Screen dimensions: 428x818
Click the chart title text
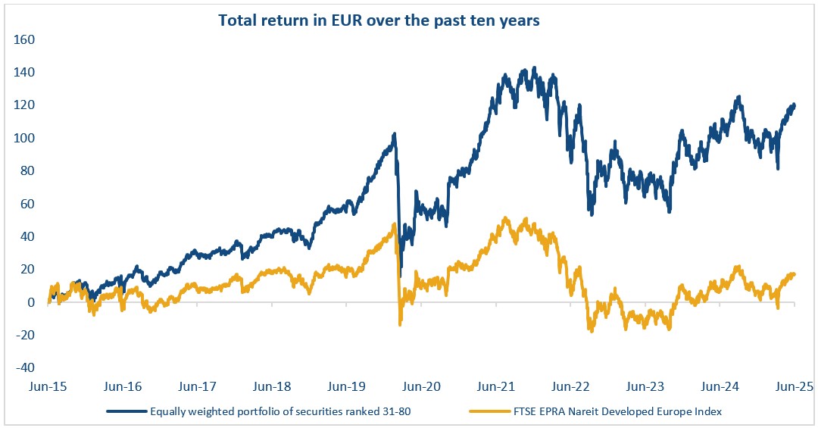[379, 20]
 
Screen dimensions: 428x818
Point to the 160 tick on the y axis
[25, 39]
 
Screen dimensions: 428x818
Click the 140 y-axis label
[25, 72]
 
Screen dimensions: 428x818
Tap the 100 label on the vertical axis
[25, 138]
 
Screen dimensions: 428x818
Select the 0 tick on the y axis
[30, 302]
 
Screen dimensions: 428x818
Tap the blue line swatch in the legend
[126, 411]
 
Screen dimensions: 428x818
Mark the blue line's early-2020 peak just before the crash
[395, 135]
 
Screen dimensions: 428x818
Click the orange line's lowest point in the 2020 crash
[400, 325]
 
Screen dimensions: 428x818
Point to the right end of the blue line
[795, 105]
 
